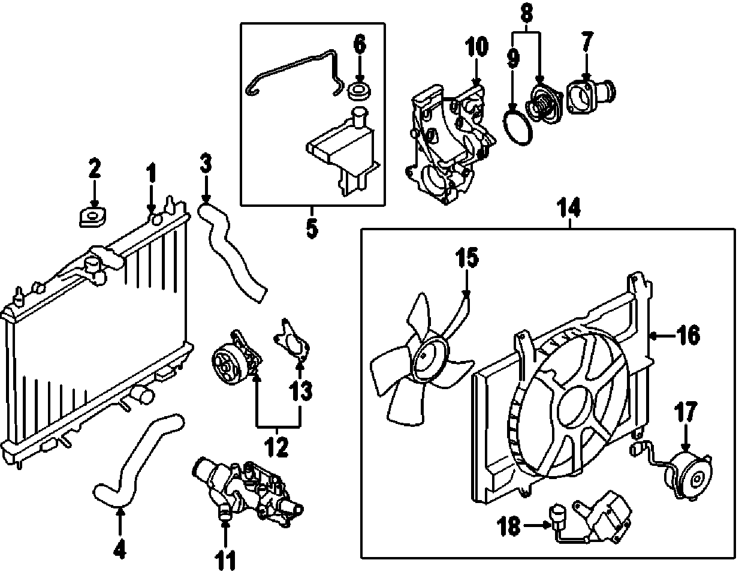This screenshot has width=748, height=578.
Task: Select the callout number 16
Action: (689, 336)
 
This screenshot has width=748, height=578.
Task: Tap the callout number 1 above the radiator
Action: (151, 175)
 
